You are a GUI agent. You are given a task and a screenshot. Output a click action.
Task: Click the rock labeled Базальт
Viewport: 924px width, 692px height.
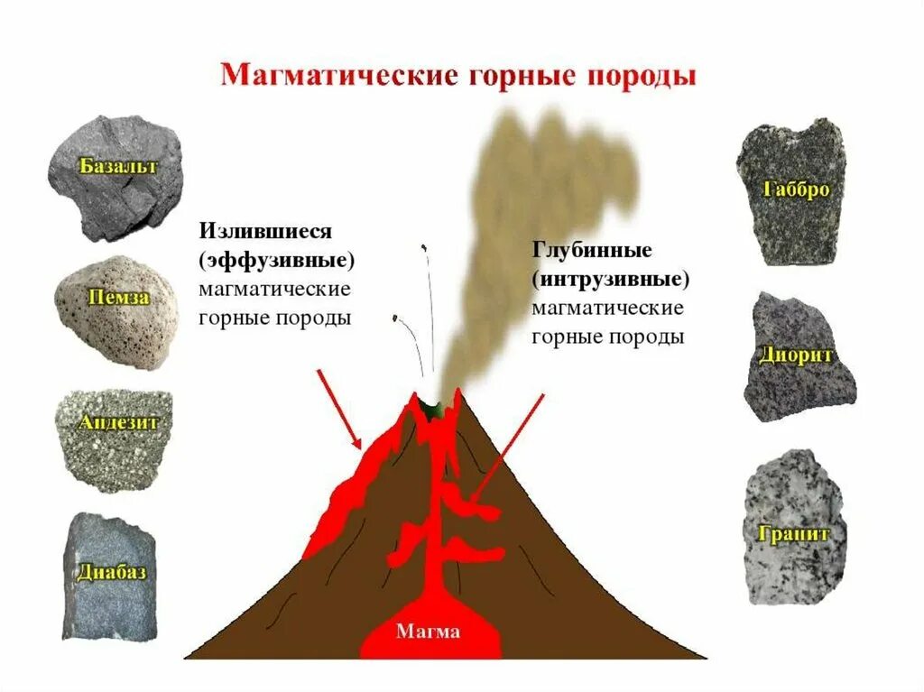[115, 176]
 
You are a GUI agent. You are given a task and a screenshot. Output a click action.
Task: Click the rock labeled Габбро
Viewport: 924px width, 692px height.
[791, 191]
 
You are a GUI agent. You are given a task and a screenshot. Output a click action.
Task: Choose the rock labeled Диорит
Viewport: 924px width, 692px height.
[797, 356]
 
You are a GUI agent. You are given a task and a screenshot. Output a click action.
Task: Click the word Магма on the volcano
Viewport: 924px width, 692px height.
[428, 632]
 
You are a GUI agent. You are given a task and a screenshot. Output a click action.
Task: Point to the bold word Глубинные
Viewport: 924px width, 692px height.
[592, 250]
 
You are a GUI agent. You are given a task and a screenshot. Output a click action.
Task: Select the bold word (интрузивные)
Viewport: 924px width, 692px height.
[610, 278]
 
